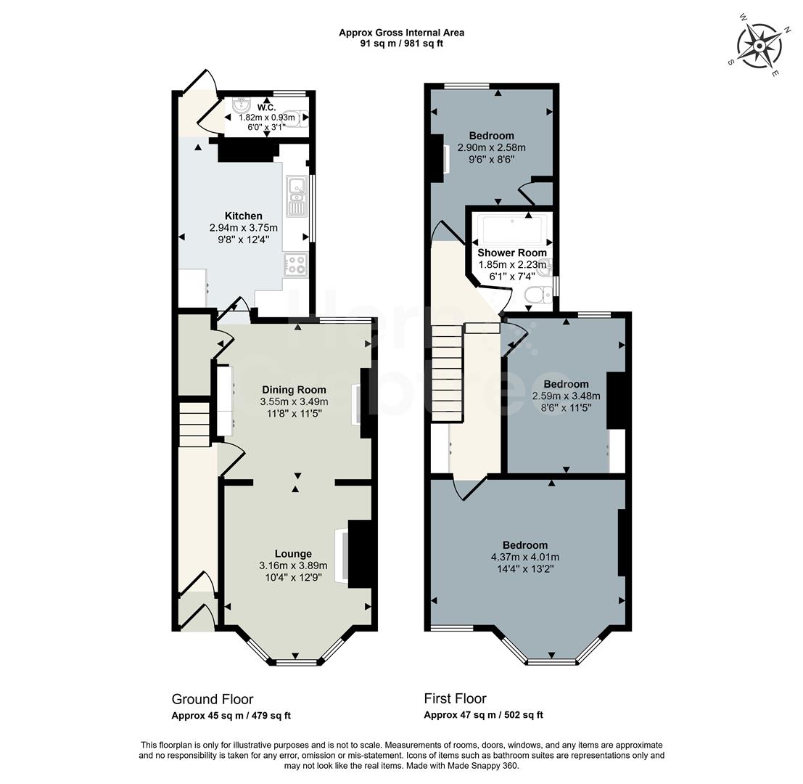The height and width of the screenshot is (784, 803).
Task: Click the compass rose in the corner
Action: pyautogui.click(x=759, y=46)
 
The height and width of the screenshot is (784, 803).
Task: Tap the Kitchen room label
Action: pyautogui.click(x=243, y=216)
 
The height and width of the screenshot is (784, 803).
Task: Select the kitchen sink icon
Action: pyautogui.click(x=297, y=196)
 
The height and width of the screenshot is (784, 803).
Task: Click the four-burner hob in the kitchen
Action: pyautogui.click(x=296, y=264)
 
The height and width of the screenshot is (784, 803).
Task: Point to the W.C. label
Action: pyautogui.click(x=267, y=107)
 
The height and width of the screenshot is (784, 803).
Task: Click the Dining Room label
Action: pyautogui.click(x=294, y=390)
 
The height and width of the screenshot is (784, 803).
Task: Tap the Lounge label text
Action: pyautogui.click(x=293, y=553)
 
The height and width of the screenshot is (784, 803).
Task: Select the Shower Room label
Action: pyautogui.click(x=511, y=253)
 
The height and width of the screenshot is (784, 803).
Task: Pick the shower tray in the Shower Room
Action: pyautogui.click(x=512, y=229)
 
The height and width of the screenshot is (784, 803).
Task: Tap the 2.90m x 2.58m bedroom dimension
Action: pyautogui.click(x=491, y=147)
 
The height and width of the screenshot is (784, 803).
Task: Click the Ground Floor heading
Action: pyautogui.click(x=213, y=699)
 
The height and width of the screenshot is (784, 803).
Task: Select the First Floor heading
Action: pyautogui.click(x=455, y=699)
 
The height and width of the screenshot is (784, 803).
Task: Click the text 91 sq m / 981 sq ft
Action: pyautogui.click(x=401, y=44)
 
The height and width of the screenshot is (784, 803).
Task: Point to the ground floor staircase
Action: pyautogui.click(x=194, y=425)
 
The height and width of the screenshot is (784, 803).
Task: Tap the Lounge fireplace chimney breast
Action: pyautogui.click(x=360, y=554)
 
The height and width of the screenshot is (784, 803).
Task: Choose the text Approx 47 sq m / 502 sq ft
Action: pyautogui.click(x=483, y=716)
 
